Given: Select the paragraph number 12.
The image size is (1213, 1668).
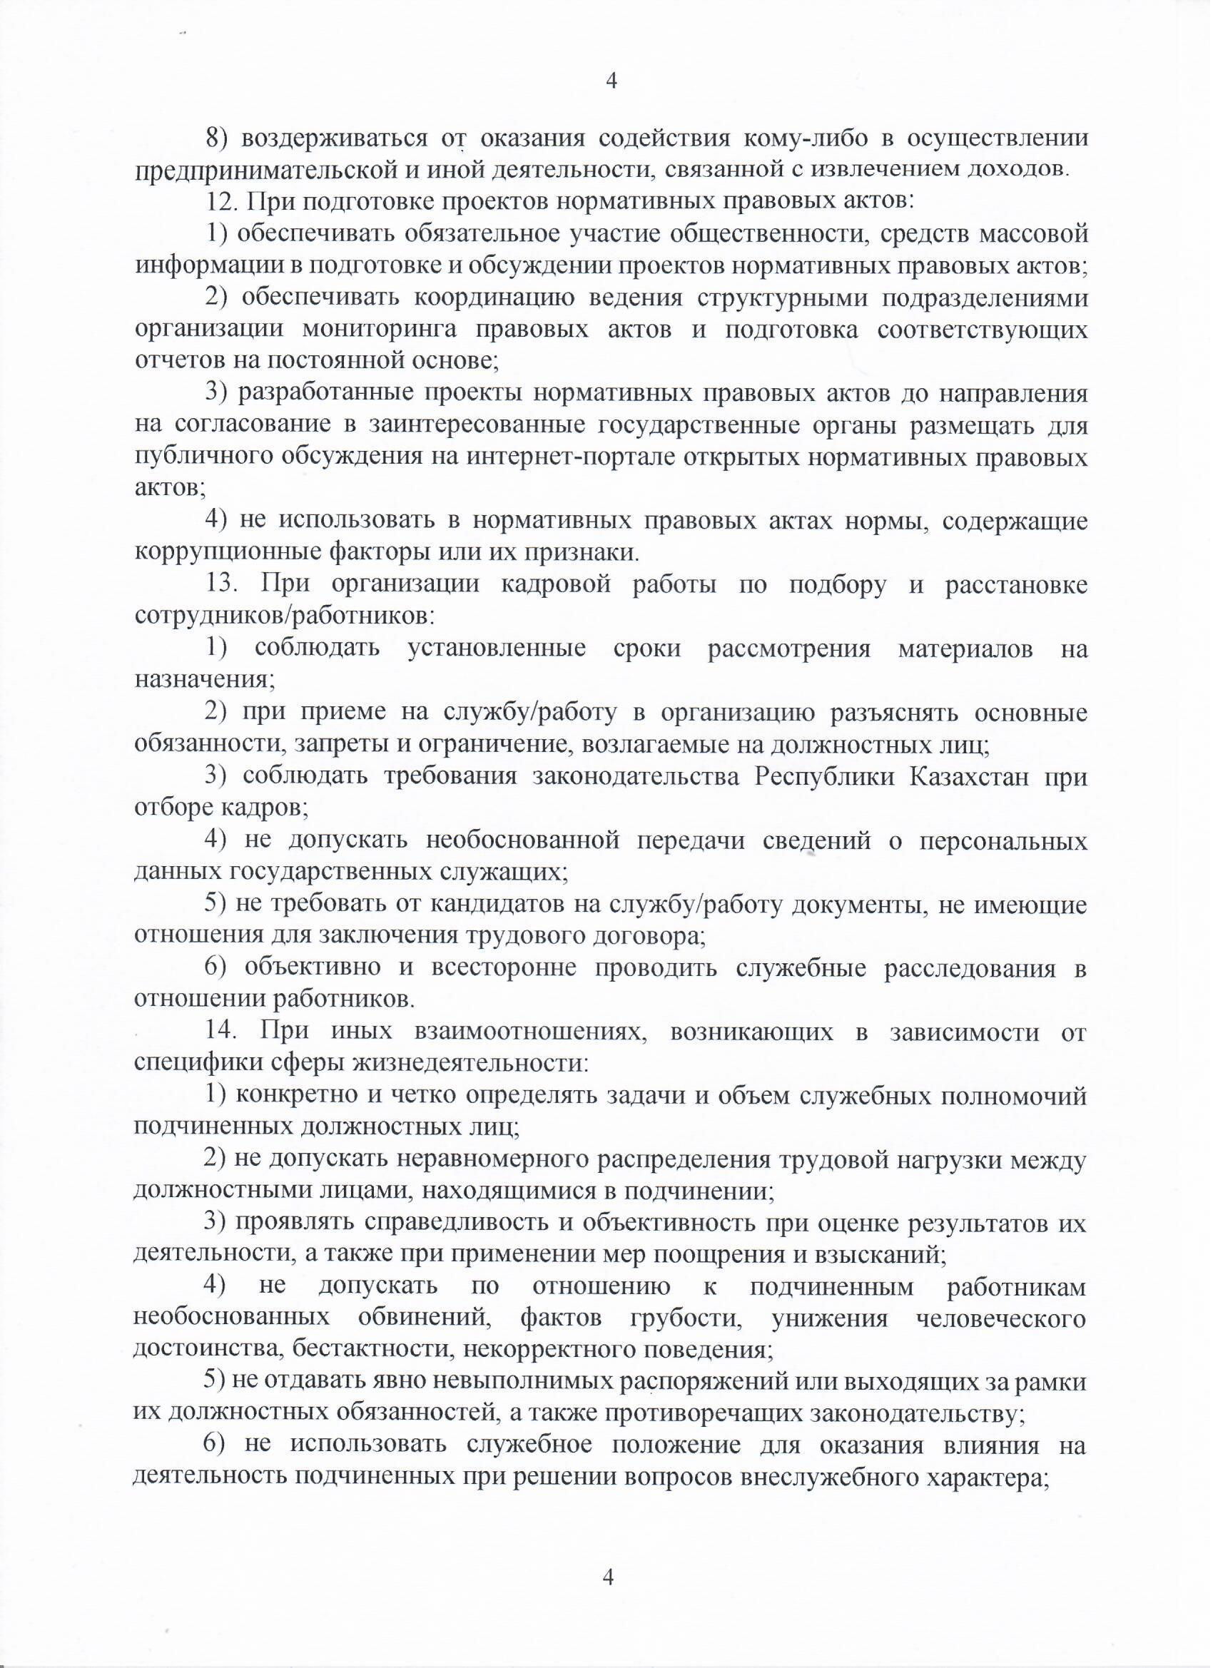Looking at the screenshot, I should tap(220, 201).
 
